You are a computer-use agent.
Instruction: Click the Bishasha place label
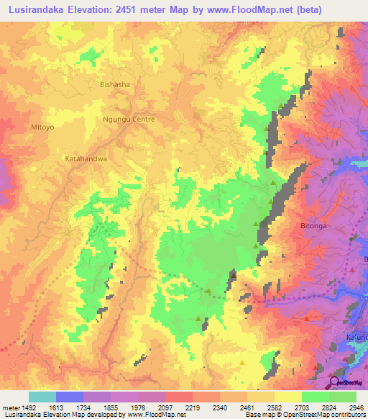coord(115,84)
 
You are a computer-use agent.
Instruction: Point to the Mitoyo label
coord(42,127)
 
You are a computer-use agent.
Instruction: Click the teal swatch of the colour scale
coord(42,397)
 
